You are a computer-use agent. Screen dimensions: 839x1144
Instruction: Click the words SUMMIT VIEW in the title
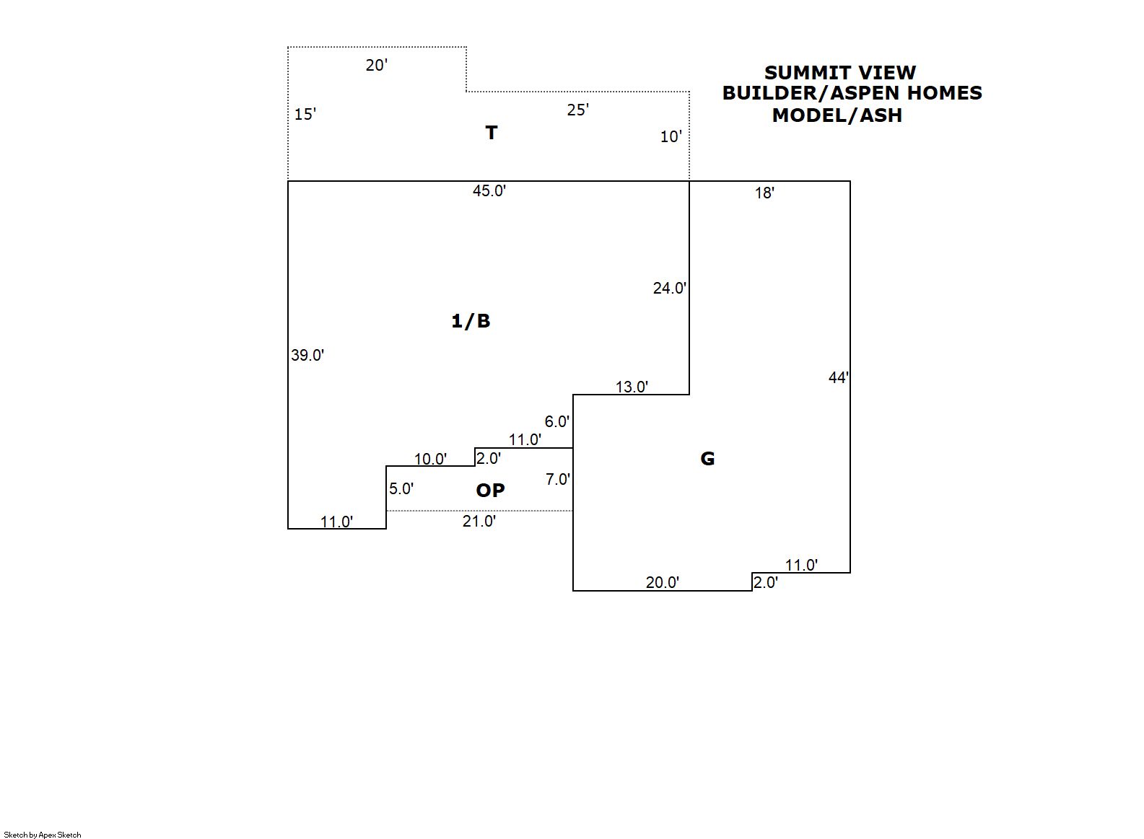click(x=839, y=73)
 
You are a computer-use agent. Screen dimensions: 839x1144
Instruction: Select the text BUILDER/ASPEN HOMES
click(x=852, y=93)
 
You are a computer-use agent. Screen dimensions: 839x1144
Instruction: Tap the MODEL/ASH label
click(x=837, y=115)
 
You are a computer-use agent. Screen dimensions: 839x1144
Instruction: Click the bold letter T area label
click(x=491, y=133)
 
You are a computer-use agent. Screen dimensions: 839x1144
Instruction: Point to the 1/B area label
click(x=471, y=321)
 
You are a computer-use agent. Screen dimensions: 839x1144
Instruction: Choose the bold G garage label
click(x=707, y=459)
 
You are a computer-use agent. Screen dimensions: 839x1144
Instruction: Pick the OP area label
click(x=490, y=491)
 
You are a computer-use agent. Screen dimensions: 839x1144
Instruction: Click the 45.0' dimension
click(x=489, y=191)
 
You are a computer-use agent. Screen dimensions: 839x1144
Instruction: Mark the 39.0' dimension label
click(x=307, y=356)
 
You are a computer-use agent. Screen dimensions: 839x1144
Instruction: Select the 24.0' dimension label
click(x=669, y=289)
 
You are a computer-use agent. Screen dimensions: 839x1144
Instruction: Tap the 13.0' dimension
click(x=632, y=387)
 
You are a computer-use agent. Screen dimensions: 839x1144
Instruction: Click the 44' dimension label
click(x=838, y=378)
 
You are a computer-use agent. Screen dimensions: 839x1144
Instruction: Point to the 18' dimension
click(x=764, y=193)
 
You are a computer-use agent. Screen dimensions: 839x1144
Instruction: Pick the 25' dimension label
click(x=577, y=110)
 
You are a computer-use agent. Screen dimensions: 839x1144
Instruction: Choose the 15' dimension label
click(x=305, y=115)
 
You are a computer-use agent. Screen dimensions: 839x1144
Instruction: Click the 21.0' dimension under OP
click(x=479, y=522)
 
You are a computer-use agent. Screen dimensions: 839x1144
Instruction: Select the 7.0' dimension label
click(x=557, y=480)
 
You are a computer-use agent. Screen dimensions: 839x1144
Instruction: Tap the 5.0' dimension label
click(x=401, y=489)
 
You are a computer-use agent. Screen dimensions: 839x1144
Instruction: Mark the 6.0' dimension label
click(x=556, y=422)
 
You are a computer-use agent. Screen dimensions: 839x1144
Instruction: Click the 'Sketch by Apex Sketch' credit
click(x=43, y=835)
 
